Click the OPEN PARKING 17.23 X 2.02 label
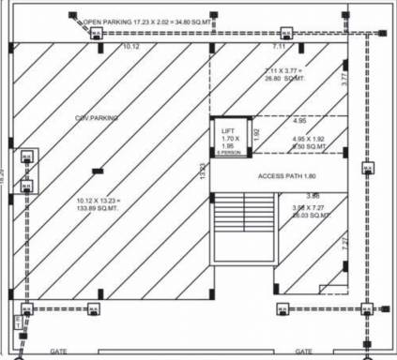coord(152,20)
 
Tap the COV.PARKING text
coord(96,117)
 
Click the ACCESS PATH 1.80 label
coord(289,176)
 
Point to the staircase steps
coord(236,226)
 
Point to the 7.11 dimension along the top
coord(280,45)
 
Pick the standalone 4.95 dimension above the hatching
coord(299,121)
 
